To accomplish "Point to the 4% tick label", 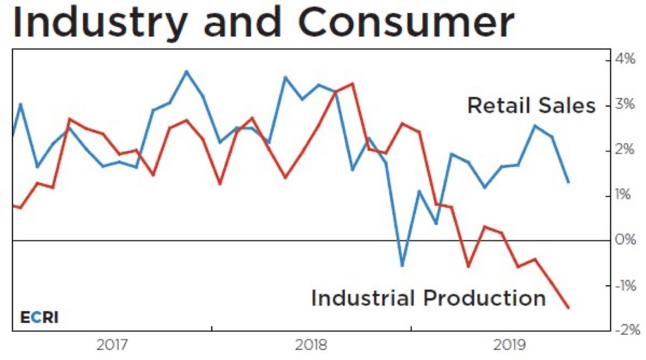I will point(625,60).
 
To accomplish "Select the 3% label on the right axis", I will point(625,105).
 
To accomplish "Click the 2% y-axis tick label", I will point(625,150).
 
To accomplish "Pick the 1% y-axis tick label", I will point(625,195).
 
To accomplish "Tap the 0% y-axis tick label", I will point(625,240).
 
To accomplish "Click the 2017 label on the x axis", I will point(112,345).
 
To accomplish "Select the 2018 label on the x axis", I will point(311,345).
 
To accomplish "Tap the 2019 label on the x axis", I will point(510,345).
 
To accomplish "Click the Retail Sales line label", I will point(531,105).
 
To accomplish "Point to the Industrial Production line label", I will point(428,298).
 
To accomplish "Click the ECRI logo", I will point(39,317).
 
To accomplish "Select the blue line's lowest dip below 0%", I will point(402,266).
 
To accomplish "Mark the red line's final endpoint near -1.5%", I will point(568,308).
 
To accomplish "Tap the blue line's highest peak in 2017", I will point(186,71).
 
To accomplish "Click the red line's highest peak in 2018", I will point(352,84).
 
